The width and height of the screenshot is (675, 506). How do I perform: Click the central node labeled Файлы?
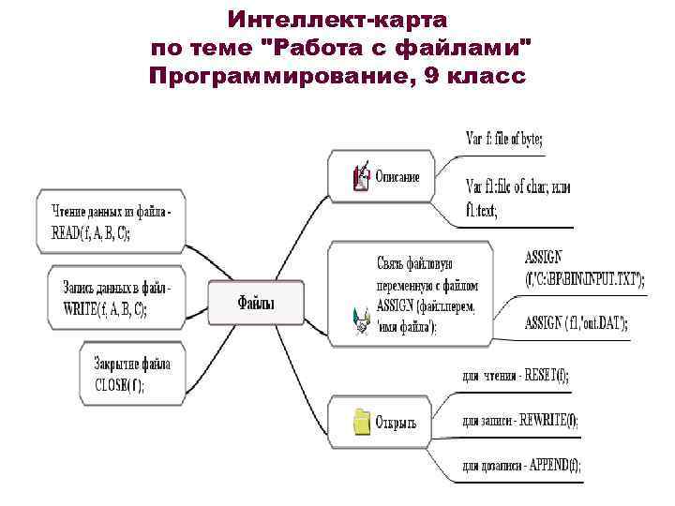pos(256,303)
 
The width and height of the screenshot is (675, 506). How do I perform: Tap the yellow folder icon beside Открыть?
pos(362,421)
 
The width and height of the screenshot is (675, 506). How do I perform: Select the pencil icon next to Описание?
pos(361,176)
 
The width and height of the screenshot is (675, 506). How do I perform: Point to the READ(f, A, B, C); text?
pos(91,234)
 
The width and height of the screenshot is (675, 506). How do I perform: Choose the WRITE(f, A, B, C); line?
pos(105,308)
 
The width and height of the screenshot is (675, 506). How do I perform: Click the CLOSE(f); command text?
pos(120,383)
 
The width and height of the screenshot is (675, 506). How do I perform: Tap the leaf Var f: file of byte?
pos(504,139)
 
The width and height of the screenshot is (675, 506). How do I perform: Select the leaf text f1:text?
pos(482,211)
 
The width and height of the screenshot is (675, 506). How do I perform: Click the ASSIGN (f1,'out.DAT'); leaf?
pos(577,322)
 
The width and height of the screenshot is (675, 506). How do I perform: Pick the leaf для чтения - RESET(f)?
pos(516,376)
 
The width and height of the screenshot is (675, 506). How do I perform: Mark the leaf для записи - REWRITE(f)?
pos(520,422)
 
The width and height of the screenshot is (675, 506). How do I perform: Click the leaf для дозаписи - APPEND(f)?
pos(521,466)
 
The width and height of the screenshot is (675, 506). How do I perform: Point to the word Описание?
pos(397,176)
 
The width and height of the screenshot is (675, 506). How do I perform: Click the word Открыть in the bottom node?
pos(396,423)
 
